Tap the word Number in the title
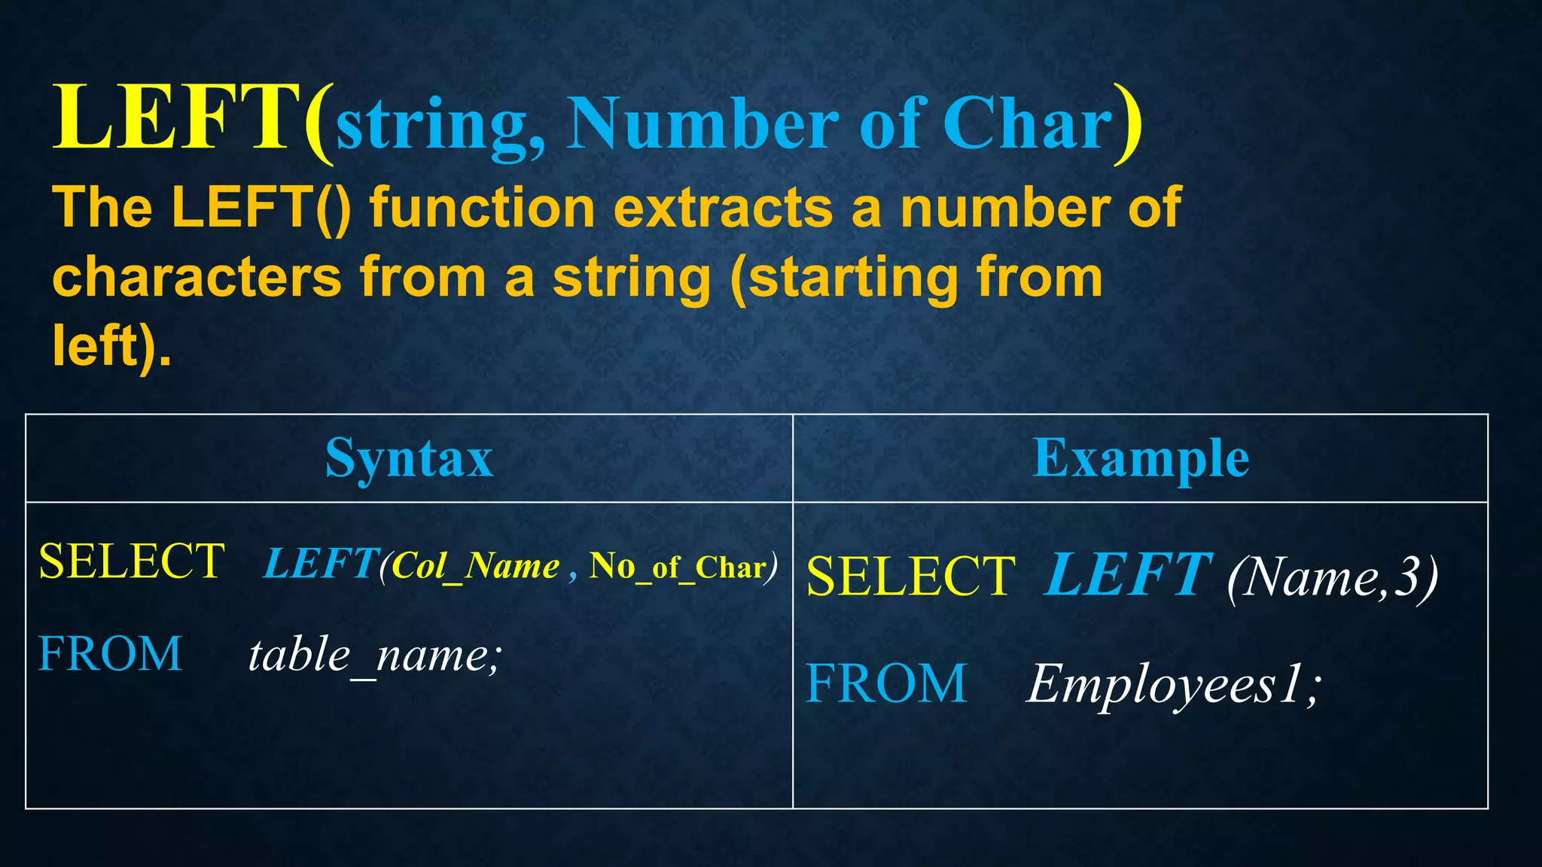point(702,123)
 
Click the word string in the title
point(431,126)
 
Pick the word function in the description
point(482,208)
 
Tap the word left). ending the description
point(111,346)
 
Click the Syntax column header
point(409,458)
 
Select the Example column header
point(1140,458)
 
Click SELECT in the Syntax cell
point(132,561)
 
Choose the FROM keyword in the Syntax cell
point(110,653)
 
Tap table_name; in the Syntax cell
point(374,656)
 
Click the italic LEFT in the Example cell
point(1127,575)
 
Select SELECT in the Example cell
point(910,577)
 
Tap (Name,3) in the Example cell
point(1332,578)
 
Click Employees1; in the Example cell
point(1173,685)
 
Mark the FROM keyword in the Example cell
point(885,684)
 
